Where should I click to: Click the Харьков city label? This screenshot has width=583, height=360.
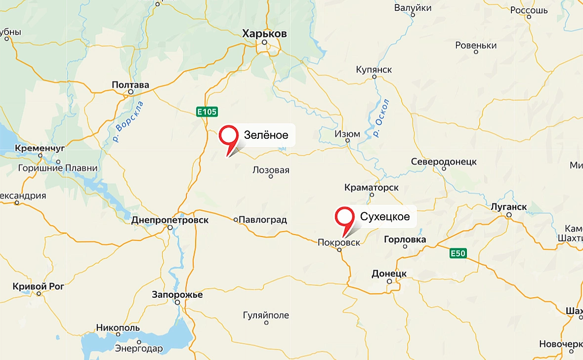[264, 33]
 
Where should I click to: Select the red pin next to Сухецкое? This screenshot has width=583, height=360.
[344, 217]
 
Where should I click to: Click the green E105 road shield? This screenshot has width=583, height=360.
[207, 112]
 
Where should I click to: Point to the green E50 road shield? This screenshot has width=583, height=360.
[458, 253]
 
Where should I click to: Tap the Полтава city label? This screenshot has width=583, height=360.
[130, 85]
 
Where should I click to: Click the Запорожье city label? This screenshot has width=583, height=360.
[177, 295]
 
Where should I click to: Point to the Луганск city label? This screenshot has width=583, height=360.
[509, 207]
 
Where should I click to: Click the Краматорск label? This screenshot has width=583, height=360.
[372, 188]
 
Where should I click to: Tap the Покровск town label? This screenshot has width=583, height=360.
[338, 242]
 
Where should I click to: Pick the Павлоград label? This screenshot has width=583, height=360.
[262, 220]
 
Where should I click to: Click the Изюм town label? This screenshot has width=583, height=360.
[347, 133]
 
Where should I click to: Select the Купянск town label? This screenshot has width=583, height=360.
[374, 70]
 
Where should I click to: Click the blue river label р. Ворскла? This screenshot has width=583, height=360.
[127, 121]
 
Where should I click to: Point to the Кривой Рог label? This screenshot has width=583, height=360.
[39, 286]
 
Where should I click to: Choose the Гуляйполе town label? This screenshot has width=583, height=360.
[266, 315]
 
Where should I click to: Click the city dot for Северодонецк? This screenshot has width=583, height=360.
[444, 168]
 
